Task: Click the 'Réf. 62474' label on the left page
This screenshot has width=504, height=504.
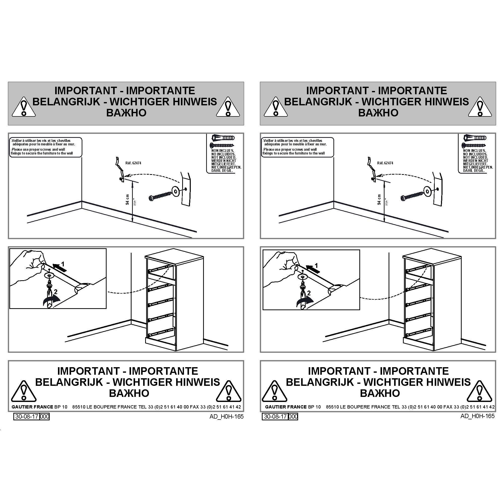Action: [133, 163]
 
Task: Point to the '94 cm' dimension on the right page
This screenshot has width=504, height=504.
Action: [379, 200]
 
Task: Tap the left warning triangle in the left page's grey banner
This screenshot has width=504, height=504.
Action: [24, 107]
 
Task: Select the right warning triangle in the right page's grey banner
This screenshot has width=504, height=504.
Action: [480, 107]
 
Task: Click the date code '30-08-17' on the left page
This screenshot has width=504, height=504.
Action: [27, 416]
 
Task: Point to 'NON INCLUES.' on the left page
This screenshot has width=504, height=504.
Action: [223, 150]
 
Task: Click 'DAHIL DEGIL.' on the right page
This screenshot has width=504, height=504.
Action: [474, 171]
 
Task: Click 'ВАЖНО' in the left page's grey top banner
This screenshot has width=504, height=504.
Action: [126, 113]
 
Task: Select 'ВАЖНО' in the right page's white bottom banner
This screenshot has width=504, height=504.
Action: [380, 393]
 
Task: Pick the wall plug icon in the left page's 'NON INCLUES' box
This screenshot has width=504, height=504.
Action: [223, 138]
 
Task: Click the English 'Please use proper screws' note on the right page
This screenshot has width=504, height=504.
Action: [294, 151]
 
